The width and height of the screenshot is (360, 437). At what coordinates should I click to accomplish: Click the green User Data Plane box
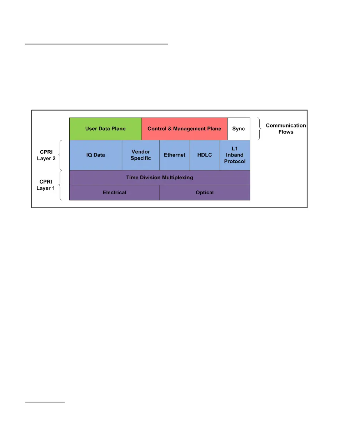105,129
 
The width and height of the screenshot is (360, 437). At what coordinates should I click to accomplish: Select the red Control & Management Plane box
184,129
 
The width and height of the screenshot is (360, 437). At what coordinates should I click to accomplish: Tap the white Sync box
239,129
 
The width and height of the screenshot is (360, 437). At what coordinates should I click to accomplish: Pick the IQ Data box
96,155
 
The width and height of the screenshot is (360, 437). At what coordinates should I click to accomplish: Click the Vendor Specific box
141,155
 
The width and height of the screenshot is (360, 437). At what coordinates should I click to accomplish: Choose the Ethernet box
175,155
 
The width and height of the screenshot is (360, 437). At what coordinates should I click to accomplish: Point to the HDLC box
205,155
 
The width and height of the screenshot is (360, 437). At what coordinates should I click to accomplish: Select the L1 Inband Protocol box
235,155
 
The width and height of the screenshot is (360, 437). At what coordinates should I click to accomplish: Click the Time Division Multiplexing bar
159,177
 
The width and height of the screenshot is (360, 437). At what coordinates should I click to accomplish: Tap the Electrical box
114,192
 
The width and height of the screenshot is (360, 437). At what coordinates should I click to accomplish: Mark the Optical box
205,192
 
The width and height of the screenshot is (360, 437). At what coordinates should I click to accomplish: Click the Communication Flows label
286,129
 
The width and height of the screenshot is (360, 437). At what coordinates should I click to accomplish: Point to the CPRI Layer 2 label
46,155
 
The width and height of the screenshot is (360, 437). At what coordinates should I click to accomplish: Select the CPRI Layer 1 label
46,185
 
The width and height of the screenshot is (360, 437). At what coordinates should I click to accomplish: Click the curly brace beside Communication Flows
260,129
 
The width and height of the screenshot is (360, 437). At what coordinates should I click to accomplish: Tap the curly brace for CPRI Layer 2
61,155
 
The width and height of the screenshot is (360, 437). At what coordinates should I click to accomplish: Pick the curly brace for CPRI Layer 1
61,185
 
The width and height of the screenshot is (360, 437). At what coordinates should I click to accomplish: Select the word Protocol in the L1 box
235,161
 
